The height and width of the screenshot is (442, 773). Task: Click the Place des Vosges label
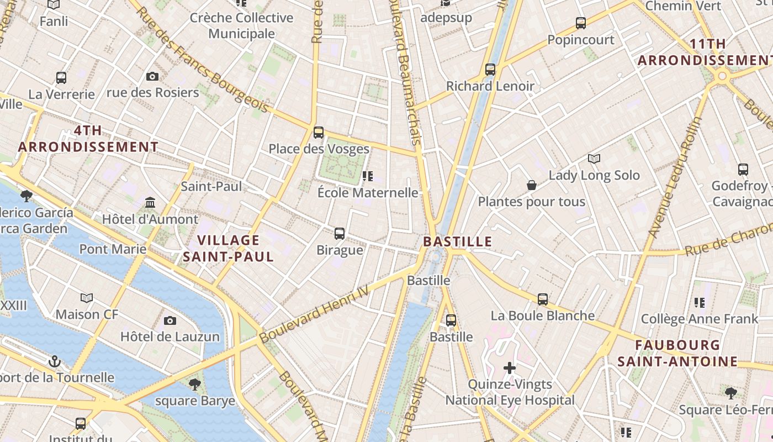pos(319,149)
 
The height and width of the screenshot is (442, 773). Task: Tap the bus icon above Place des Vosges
pos(319,133)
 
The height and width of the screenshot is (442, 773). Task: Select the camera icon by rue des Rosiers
pos(152,76)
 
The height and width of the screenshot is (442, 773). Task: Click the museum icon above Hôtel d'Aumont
pos(150,203)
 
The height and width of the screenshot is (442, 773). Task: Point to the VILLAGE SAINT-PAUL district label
pos(228,249)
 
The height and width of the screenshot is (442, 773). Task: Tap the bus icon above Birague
pos(340,234)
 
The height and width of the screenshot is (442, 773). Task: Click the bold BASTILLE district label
pos(457,241)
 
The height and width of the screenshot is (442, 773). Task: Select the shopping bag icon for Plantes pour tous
pos(532,185)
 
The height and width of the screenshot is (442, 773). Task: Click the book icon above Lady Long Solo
pos(594,159)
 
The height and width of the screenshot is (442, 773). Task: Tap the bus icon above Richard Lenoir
pos(490,70)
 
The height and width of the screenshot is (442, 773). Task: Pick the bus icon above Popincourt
pos(581,23)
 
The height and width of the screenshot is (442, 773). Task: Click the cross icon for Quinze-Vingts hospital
pos(510,368)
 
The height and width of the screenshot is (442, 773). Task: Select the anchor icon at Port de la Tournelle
pos(54,362)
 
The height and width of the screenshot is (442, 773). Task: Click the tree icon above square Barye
pos(194,384)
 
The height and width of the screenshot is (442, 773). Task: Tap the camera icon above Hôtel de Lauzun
pos(170,320)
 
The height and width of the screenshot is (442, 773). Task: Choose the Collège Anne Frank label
pos(700,319)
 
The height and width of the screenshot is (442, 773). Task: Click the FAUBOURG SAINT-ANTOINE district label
pos(677,354)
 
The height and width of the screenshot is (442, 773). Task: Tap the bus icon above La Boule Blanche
pos(543,299)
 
